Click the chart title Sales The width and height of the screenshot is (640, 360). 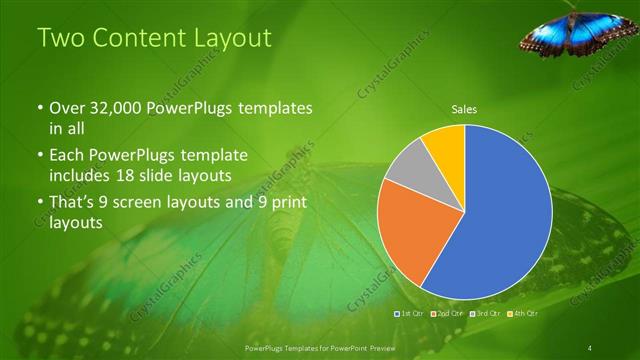click(464, 109)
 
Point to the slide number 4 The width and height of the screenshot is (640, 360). click(590, 347)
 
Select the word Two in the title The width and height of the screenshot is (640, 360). click(60, 39)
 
